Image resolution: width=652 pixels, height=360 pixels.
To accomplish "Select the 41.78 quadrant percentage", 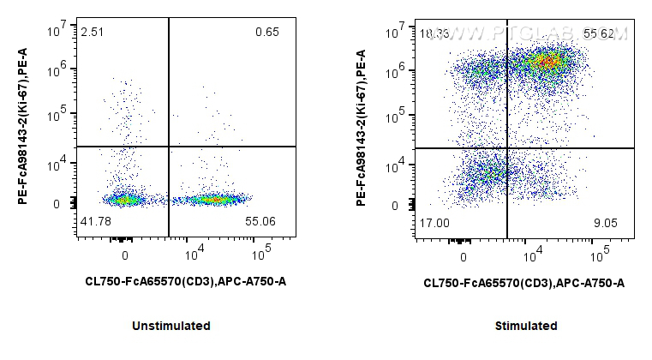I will pyautogui.click(x=94, y=221).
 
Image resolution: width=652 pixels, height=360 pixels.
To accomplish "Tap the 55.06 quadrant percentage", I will pyautogui.click(x=263, y=221).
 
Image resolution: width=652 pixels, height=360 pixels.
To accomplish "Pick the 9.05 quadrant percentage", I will pyautogui.click(x=606, y=222).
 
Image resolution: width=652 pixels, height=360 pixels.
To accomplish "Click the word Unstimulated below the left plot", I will pyautogui.click(x=171, y=326).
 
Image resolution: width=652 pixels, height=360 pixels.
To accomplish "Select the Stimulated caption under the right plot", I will pyautogui.click(x=526, y=326).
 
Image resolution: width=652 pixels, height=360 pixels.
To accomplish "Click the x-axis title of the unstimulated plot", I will pyautogui.click(x=185, y=281).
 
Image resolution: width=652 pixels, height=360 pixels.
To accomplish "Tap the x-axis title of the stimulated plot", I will pyautogui.click(x=523, y=282).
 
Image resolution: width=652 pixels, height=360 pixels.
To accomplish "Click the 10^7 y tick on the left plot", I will pyautogui.click(x=58, y=31).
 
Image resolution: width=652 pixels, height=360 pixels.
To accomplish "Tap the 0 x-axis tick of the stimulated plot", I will pyautogui.click(x=464, y=255).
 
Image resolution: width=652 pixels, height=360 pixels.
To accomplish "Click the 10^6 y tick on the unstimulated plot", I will pyautogui.click(x=58, y=73).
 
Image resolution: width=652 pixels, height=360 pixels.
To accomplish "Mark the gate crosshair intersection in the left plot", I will pyautogui.click(x=169, y=147).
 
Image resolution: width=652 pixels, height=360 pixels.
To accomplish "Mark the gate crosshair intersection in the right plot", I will pyautogui.click(x=507, y=148).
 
